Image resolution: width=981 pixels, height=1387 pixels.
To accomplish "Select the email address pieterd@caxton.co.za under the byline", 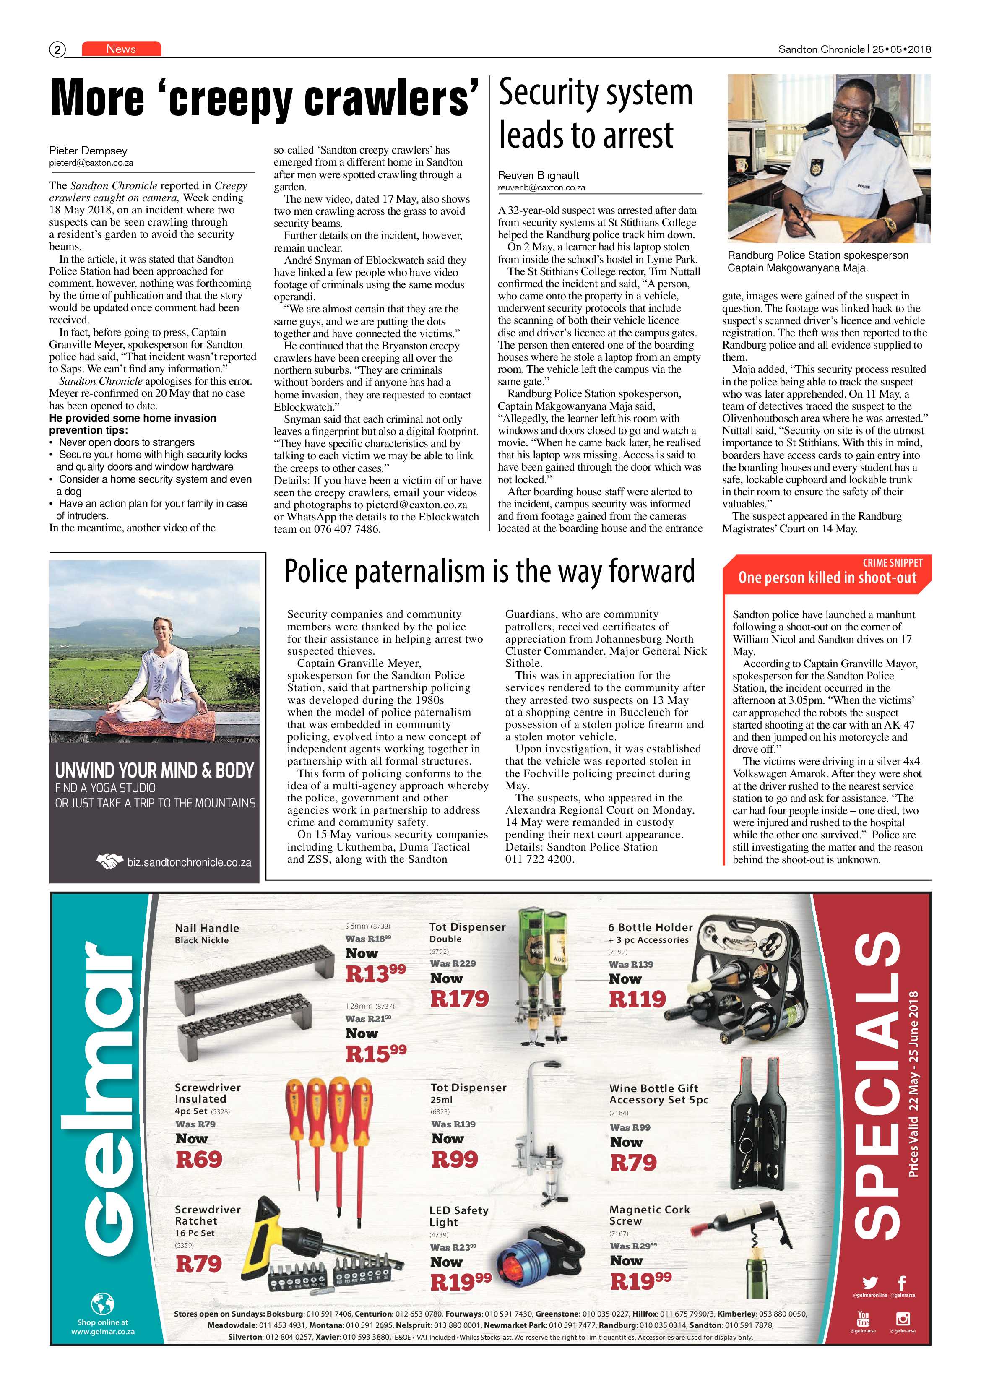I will [x=91, y=163].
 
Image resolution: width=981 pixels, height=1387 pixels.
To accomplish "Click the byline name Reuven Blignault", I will [x=538, y=175].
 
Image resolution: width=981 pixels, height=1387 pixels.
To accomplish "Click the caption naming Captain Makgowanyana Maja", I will [x=817, y=262].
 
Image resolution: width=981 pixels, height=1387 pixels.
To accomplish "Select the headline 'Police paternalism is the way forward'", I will [x=489, y=572].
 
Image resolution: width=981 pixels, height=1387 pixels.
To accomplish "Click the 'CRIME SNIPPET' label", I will [x=892, y=562].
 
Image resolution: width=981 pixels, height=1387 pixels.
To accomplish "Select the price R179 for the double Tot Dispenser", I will [x=459, y=999].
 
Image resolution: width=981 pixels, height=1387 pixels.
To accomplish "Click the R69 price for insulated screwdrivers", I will [x=199, y=1159].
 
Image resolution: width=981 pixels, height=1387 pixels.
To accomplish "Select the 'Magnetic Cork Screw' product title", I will [x=649, y=1215].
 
